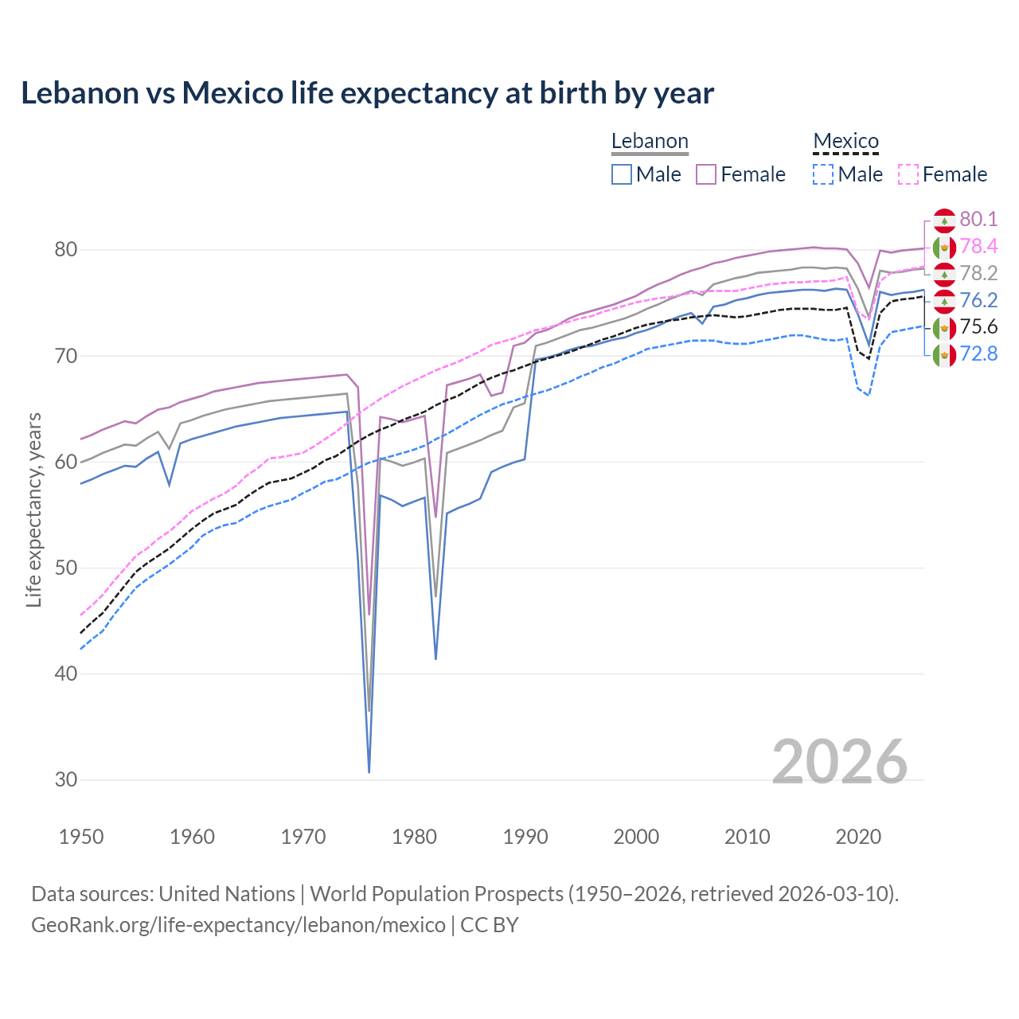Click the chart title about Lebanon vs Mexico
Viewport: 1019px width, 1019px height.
pos(367,93)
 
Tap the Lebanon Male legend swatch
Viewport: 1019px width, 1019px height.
pos(622,174)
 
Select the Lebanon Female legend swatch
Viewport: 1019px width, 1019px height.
pos(706,174)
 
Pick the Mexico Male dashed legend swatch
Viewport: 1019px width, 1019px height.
pos(823,174)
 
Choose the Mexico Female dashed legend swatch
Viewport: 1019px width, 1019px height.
pos(908,174)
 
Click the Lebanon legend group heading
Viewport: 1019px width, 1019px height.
pos(650,142)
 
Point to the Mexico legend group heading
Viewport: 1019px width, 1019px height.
pos(845,142)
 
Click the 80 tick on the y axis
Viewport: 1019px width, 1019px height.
pos(65,250)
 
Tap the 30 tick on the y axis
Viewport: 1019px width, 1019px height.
pos(65,780)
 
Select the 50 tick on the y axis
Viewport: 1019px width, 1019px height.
pos(65,568)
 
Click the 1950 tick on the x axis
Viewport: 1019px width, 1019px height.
pos(81,837)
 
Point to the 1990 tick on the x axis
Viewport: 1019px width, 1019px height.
pos(525,837)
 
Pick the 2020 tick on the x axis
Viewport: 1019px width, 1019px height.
pos(858,837)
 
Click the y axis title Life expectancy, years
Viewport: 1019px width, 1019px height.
pos(33,509)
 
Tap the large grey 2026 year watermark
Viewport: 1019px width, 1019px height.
pos(840,762)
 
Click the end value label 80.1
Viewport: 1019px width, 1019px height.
pos(978,220)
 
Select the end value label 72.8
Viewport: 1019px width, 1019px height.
pos(978,354)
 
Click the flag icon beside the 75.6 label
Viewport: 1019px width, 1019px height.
pos(944,327)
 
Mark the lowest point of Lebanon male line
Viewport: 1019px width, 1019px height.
pos(369,771)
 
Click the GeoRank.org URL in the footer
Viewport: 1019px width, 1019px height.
pos(238,925)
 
